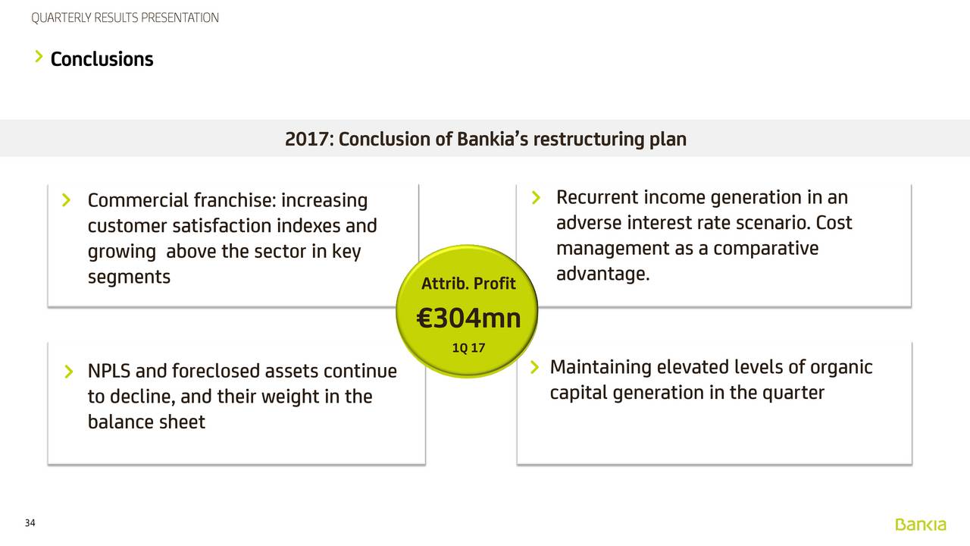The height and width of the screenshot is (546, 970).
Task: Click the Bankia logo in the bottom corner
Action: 921,524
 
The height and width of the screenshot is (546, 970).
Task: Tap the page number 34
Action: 30,523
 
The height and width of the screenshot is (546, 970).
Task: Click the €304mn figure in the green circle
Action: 468,318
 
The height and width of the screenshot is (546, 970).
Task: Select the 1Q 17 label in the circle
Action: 468,347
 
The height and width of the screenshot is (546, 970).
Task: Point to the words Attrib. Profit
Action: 468,284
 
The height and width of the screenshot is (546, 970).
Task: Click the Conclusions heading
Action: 102,59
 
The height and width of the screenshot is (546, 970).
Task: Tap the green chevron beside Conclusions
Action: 39,56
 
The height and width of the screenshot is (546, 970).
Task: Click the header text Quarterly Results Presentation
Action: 125,17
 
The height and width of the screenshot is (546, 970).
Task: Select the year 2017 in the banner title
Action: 307,139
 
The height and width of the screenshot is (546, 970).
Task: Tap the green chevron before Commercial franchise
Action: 66,200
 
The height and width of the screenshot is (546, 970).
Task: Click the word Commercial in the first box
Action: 138,200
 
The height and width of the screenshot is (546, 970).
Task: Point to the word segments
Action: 129,278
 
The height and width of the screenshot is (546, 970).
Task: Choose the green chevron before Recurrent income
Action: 536,198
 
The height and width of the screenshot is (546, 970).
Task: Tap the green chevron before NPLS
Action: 69,372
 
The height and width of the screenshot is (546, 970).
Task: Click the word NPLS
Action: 109,372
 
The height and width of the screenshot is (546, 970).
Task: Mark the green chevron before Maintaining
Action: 535,367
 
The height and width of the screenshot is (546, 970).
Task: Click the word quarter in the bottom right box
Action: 793,393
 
